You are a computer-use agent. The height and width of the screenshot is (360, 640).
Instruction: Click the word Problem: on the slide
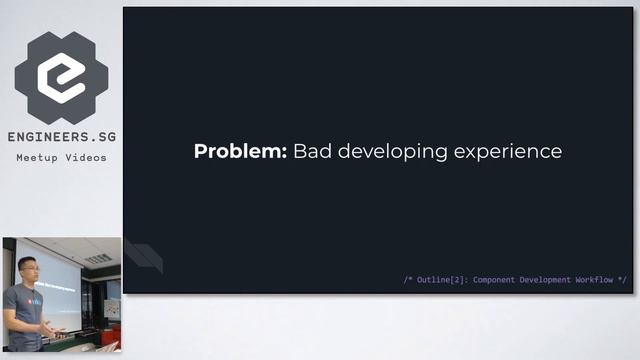(240, 152)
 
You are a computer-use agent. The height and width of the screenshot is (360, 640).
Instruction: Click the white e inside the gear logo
(61, 77)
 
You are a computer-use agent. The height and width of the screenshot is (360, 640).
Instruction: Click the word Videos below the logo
(86, 158)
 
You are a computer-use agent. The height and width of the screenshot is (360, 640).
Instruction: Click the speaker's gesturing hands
(57, 331)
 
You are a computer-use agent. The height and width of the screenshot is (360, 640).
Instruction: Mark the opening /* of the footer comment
(408, 280)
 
